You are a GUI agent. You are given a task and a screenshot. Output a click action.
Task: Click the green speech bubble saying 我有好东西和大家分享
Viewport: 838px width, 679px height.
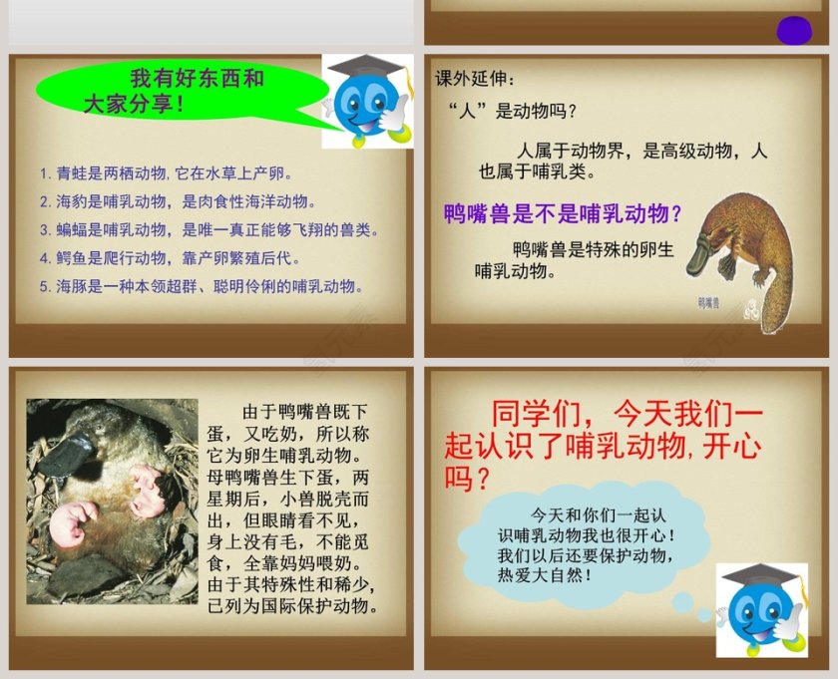click(x=170, y=91)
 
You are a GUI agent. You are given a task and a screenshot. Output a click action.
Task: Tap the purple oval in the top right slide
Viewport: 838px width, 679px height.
click(x=794, y=30)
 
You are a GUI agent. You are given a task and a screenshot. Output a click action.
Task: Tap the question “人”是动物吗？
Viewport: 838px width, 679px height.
click(x=513, y=110)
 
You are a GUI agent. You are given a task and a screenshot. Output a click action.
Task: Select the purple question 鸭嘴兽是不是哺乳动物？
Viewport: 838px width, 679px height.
click(x=564, y=212)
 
